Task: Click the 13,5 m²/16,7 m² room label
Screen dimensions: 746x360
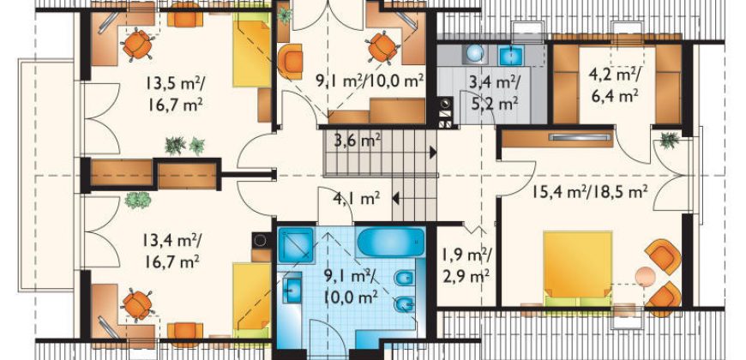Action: pos(175,93)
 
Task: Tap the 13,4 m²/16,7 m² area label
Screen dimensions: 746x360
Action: pos(171,250)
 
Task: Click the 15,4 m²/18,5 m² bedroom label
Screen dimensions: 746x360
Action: pos(590,192)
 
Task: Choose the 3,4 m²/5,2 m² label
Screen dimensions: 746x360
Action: pos(495,93)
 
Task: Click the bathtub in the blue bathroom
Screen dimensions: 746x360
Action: pos(391,242)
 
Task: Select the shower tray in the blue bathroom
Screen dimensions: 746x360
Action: pos(296,245)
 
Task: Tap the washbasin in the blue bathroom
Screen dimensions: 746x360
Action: pos(292,288)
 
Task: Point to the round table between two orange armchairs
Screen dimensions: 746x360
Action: pos(646,276)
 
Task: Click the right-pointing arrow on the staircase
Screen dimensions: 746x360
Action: pos(433,153)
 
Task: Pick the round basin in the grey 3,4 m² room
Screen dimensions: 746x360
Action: pos(474,54)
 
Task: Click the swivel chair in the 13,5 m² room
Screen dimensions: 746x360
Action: pos(137,45)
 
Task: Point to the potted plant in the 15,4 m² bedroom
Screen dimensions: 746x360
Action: pos(670,141)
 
